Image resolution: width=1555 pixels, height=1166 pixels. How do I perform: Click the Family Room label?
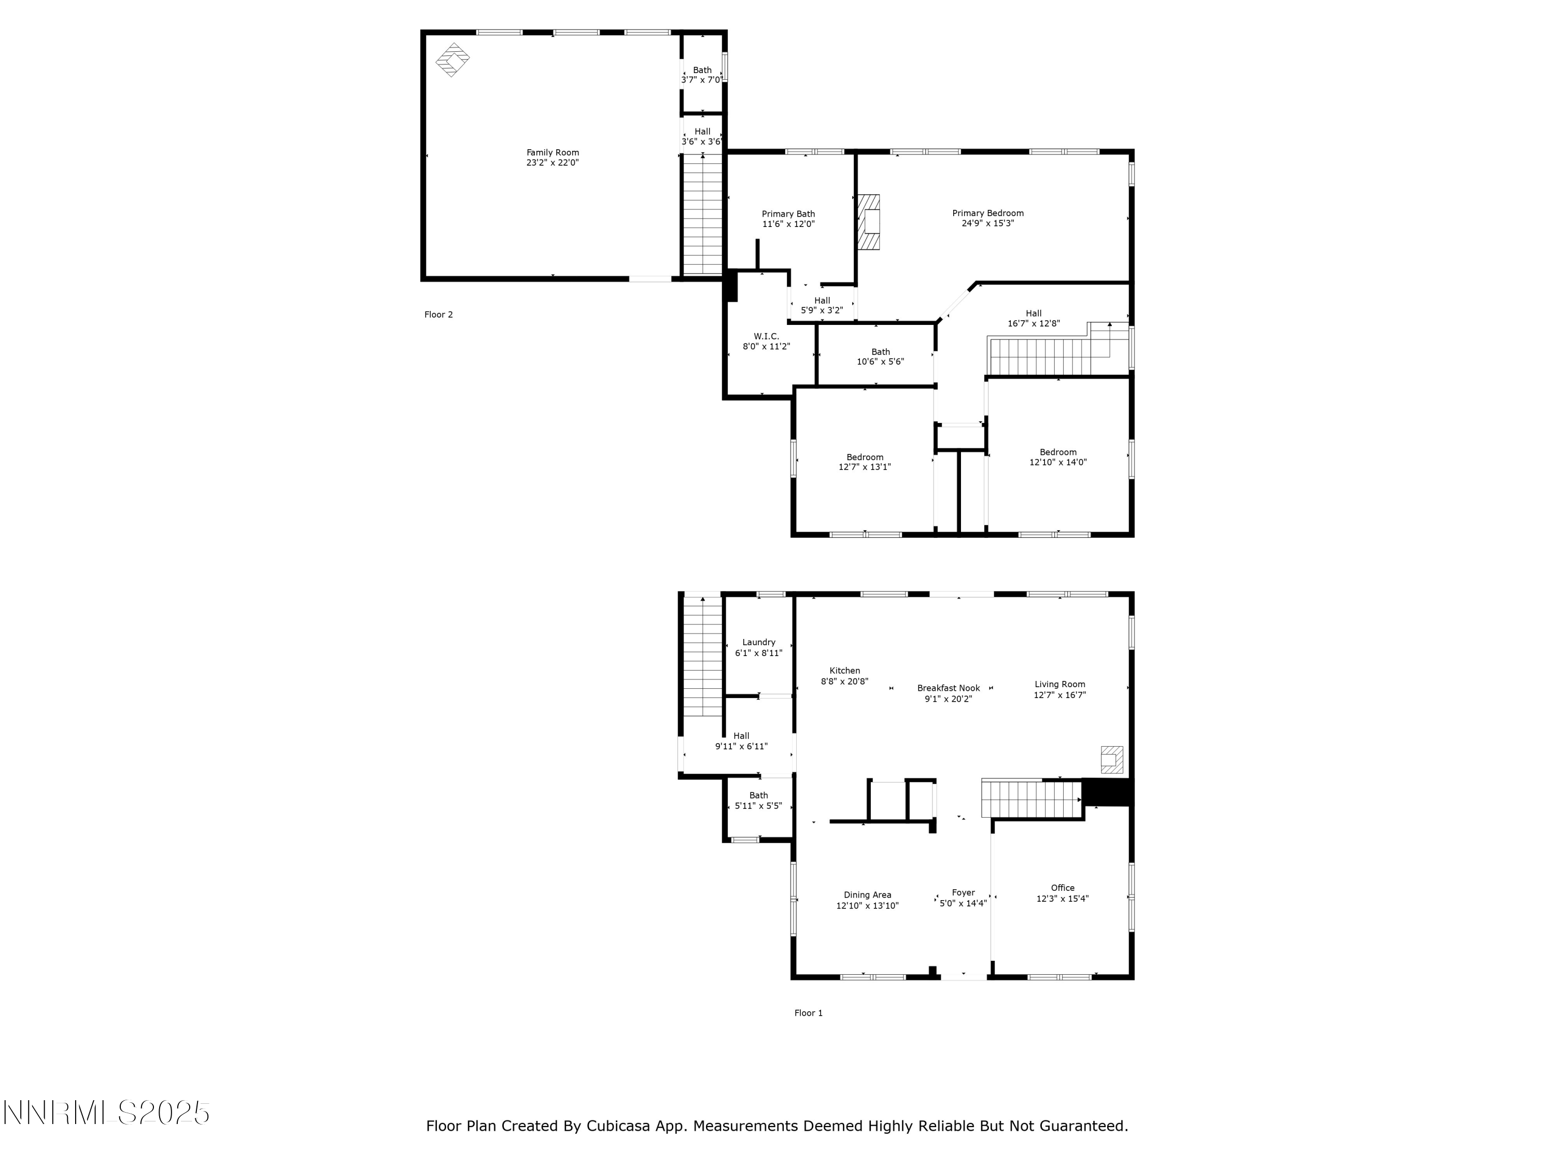point(553,152)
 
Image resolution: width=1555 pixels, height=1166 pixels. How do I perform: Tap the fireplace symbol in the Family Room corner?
point(453,60)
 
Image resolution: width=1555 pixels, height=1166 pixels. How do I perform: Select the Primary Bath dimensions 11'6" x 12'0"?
point(788,224)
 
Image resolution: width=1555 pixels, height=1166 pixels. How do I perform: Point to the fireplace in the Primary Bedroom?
point(870,222)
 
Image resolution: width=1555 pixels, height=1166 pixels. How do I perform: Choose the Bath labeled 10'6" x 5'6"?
point(880,357)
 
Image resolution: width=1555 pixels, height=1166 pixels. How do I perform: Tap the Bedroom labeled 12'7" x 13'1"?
point(864,462)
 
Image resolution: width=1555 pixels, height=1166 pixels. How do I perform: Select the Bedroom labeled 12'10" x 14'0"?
point(1057,457)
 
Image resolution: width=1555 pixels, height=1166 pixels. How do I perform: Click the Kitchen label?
point(844,671)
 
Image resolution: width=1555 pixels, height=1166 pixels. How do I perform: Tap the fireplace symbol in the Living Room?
point(1111,760)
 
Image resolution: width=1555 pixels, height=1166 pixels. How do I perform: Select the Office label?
point(1062,888)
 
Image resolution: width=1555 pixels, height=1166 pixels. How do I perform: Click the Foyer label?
point(963,892)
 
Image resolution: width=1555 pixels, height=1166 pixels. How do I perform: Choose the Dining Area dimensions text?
point(867,906)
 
